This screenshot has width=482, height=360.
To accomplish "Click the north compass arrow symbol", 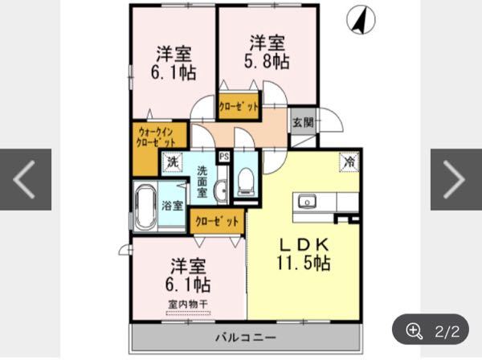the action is (361, 20).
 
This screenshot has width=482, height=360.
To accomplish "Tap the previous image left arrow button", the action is (24, 179).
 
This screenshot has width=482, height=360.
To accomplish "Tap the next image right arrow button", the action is (454, 179).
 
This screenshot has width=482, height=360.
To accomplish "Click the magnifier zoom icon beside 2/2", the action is (414, 331).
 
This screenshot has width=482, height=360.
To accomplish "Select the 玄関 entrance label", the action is (303, 123).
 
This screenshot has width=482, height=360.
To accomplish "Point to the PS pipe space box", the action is (224, 157).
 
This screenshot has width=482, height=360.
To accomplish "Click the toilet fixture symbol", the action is (246, 182).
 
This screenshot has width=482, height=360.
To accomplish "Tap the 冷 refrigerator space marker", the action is (349, 161).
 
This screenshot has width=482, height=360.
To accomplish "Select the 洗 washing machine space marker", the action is (172, 162).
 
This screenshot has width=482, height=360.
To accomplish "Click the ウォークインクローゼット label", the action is (156, 137).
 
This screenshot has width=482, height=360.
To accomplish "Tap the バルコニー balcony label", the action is (245, 337).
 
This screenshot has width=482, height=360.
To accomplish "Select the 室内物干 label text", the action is (188, 305).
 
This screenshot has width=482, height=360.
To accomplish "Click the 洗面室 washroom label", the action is (202, 182).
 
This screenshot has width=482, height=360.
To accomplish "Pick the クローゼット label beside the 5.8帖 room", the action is (239, 107).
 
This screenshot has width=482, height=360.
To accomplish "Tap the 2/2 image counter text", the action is (447, 331).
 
